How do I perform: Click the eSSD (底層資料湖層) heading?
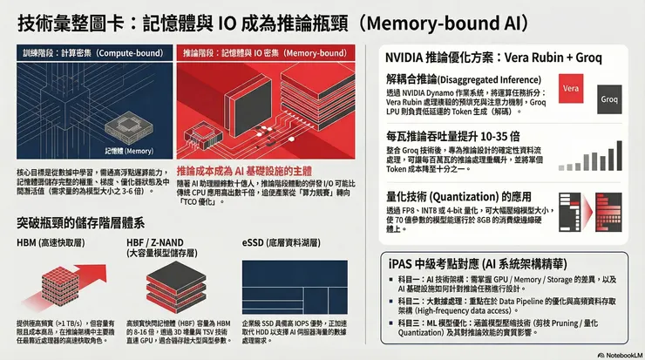coord(281,241)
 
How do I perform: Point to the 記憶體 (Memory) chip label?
coord(123,149)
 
